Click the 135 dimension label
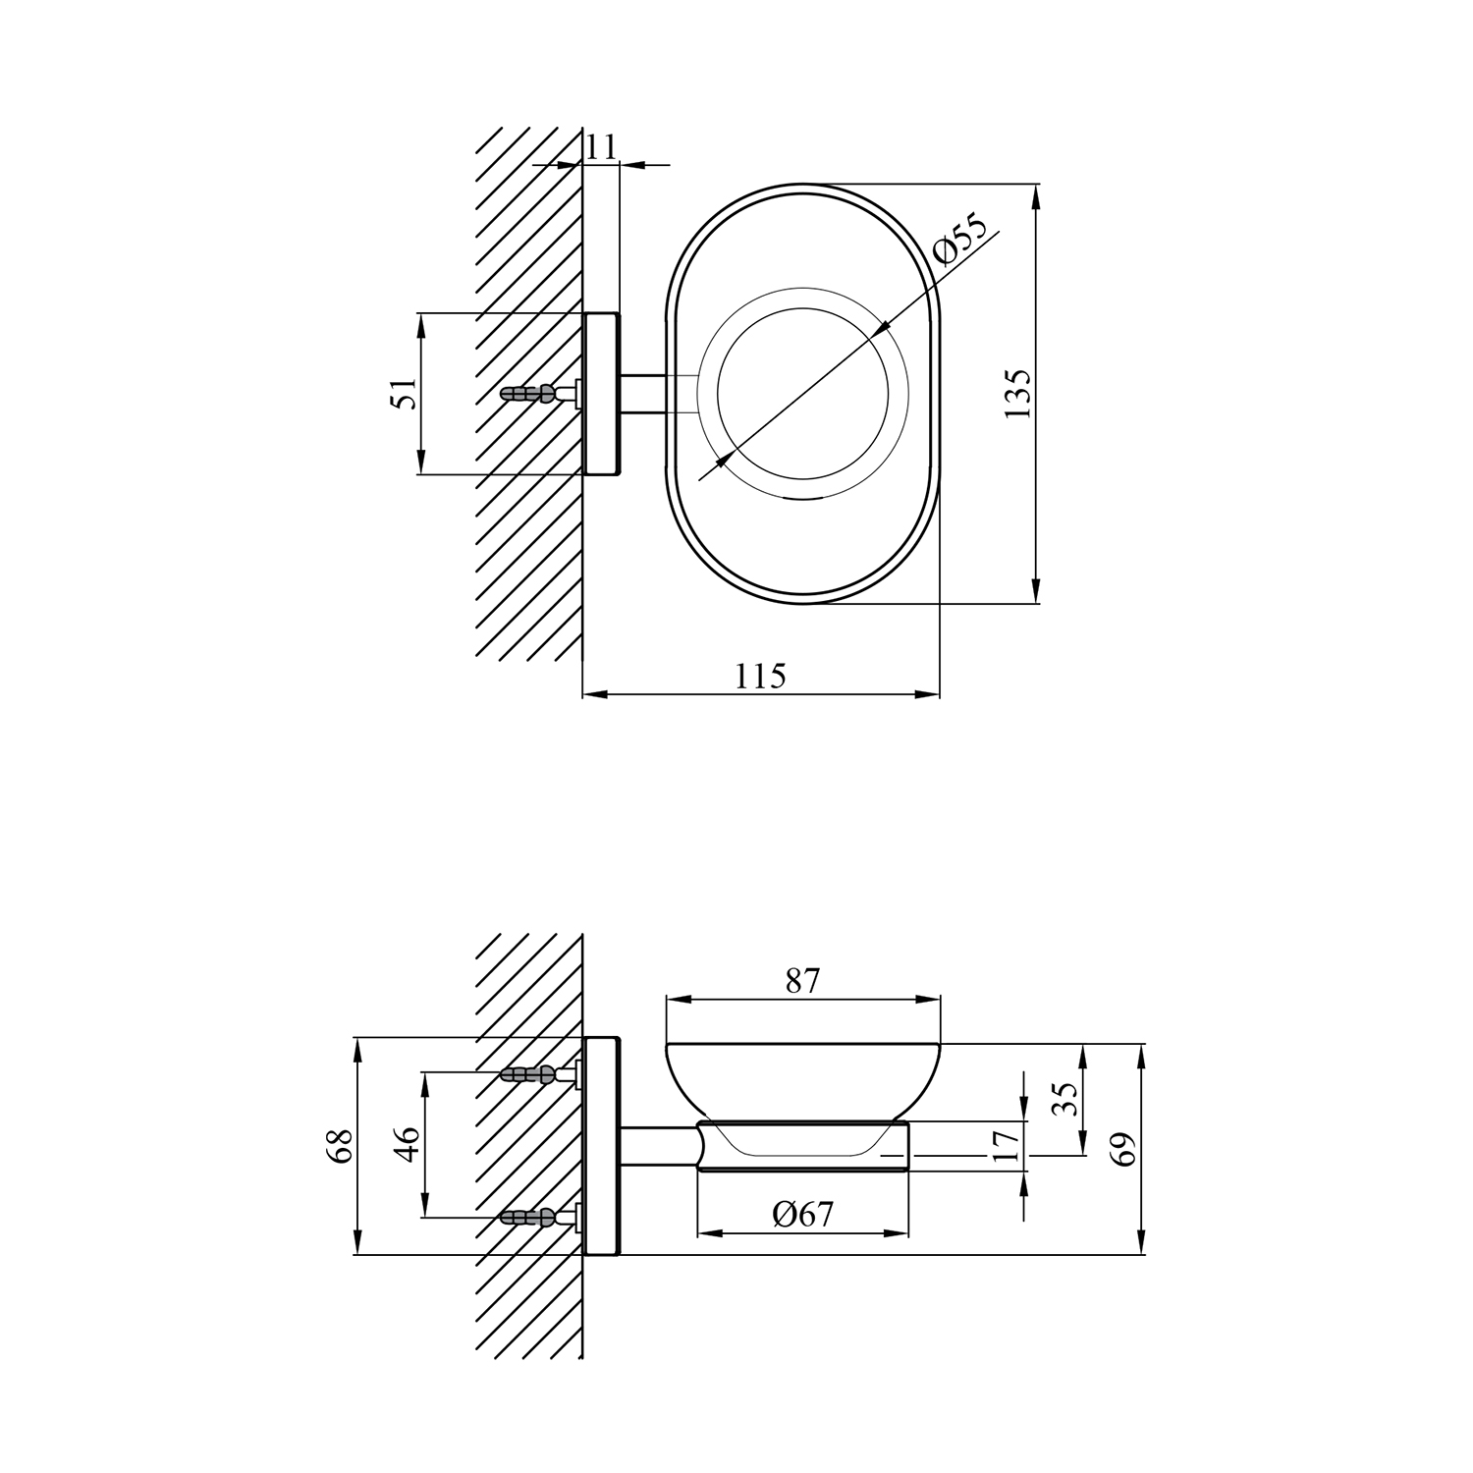pos(1018,394)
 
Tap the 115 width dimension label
pos(761,676)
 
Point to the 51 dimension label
pos(406,394)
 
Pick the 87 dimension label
pos(802,980)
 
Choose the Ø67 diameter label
pos(802,1215)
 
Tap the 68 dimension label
pos(340,1146)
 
